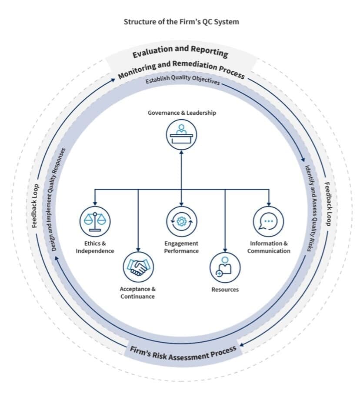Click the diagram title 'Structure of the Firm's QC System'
[181, 22]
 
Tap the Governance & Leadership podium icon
[181, 134]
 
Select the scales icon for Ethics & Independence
[95, 221]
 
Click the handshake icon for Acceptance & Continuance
[138, 267]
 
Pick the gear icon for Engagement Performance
[181, 221]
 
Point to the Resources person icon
[225, 267]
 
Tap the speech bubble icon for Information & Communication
[269, 221]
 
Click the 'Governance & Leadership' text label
[182, 113]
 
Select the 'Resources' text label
[225, 290]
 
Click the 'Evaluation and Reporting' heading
[180, 51]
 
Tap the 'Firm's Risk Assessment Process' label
[183, 353]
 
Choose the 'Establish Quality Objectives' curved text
[183, 79]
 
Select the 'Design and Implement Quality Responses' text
[58, 200]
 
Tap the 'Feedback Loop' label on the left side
[36, 206]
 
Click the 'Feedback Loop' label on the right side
[327, 204]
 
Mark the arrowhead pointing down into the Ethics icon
[95, 204]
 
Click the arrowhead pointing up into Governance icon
[181, 153]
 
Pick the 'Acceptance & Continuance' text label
[138, 293]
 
